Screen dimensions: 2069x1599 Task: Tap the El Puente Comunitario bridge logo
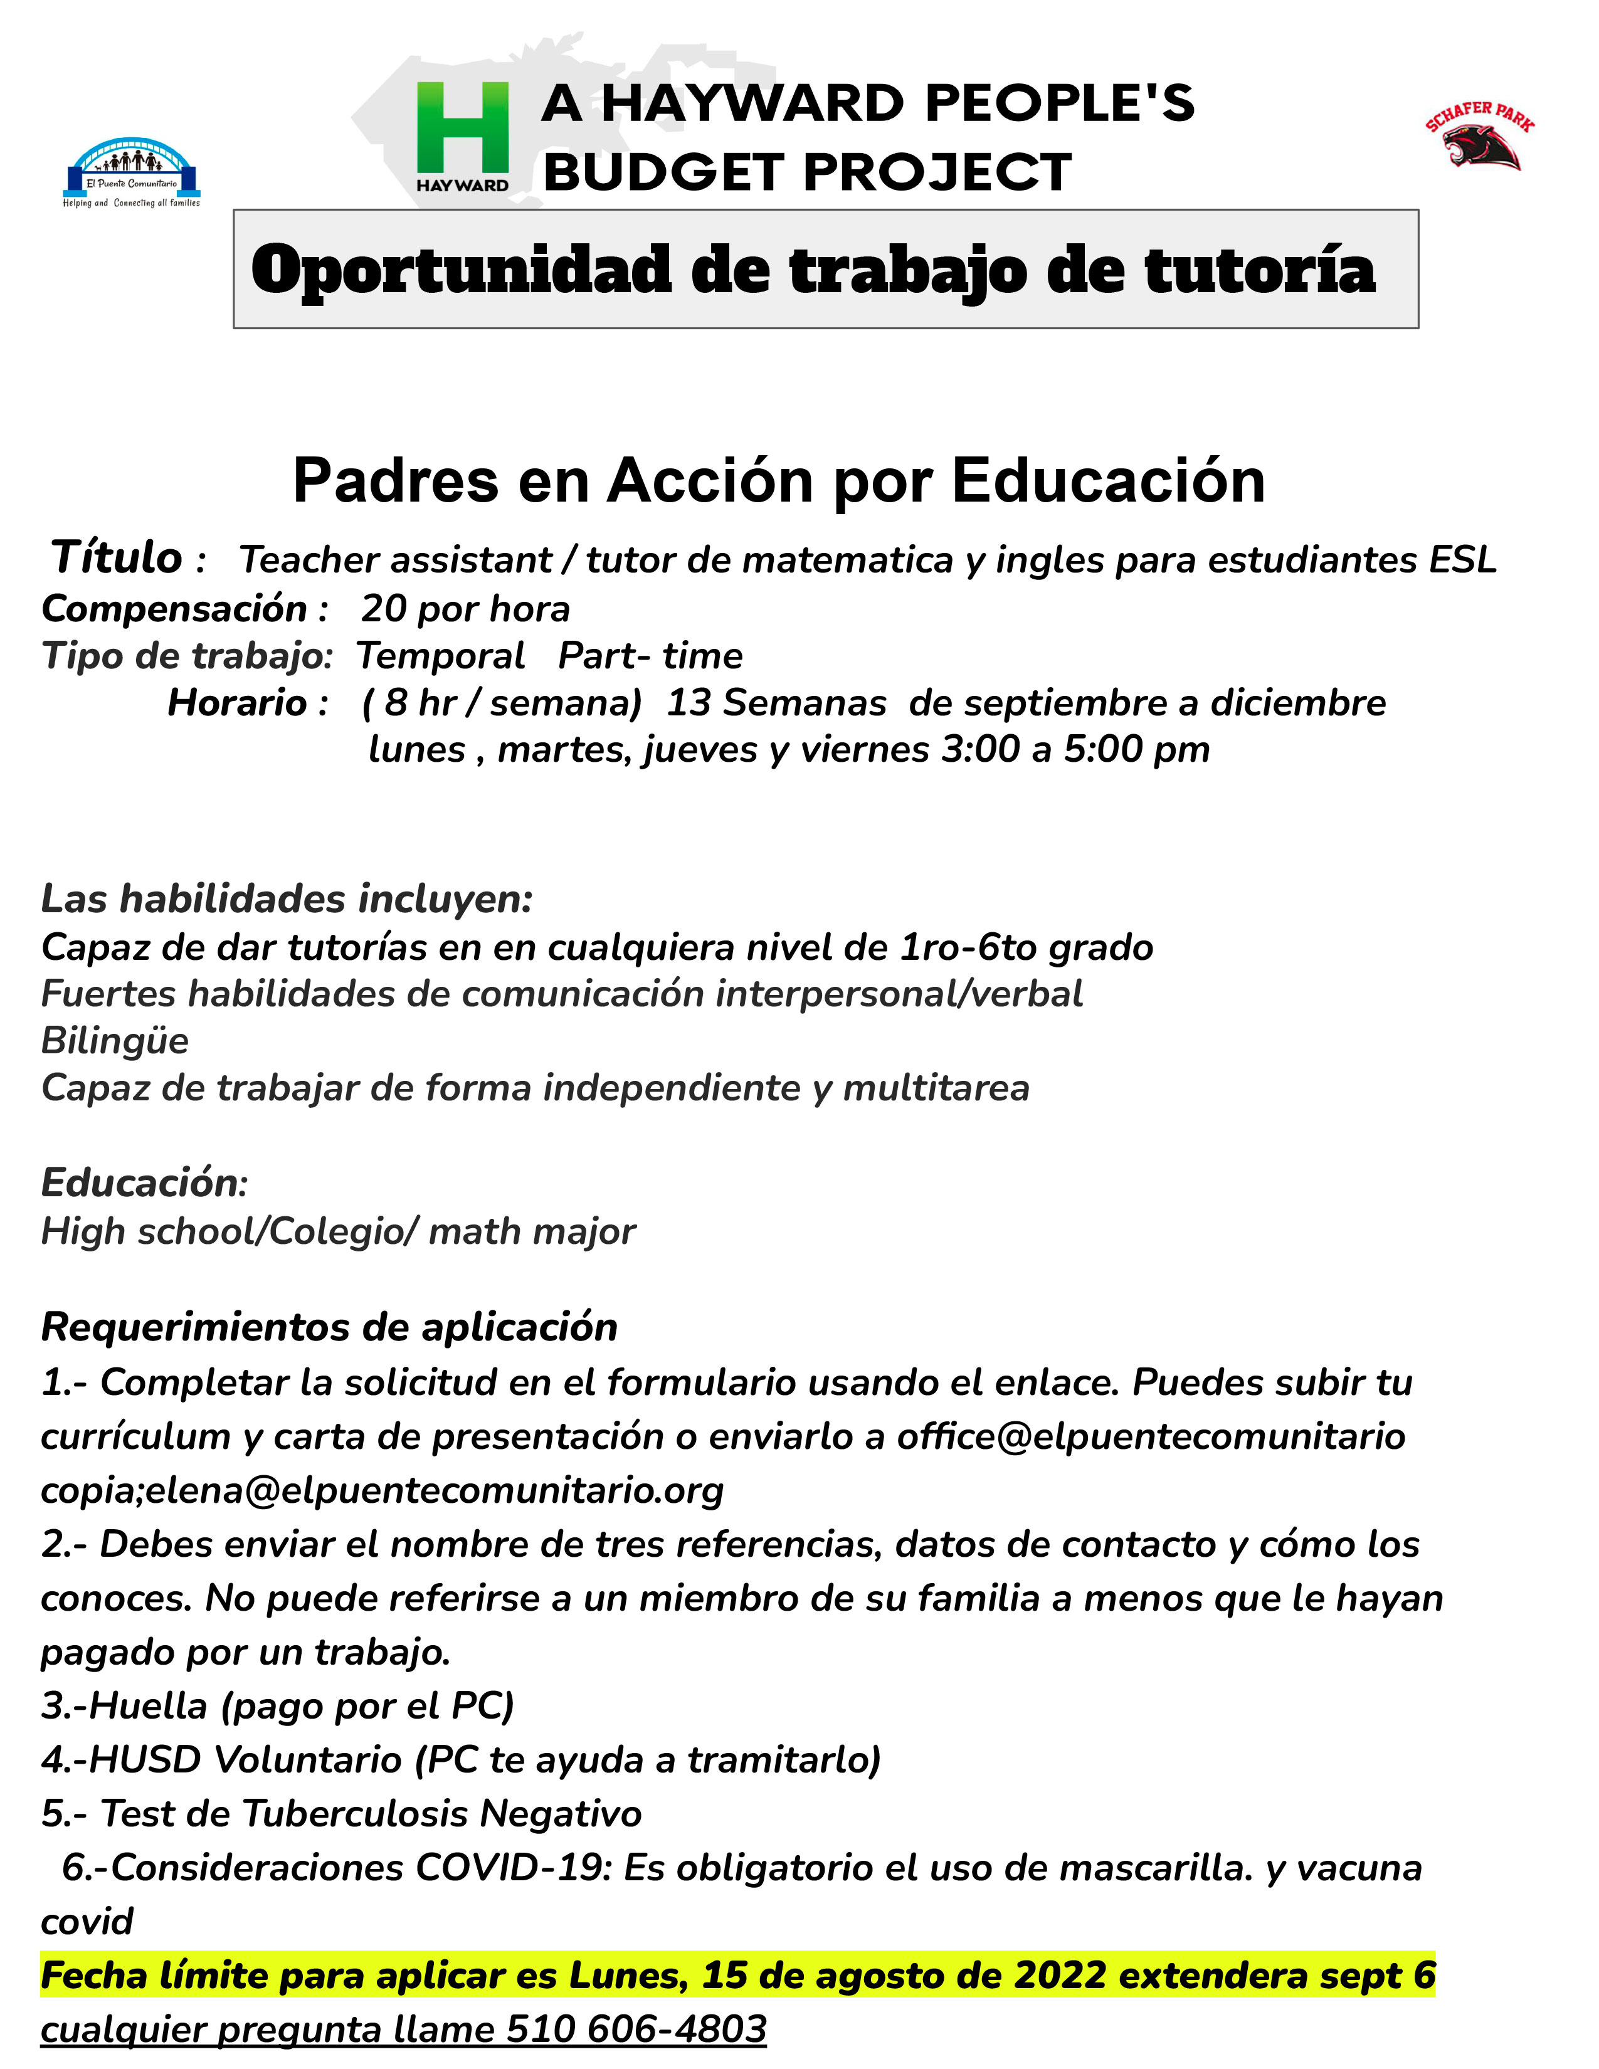132,171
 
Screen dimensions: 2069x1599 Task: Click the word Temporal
440,656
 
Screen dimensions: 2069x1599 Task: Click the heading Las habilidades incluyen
286,898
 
